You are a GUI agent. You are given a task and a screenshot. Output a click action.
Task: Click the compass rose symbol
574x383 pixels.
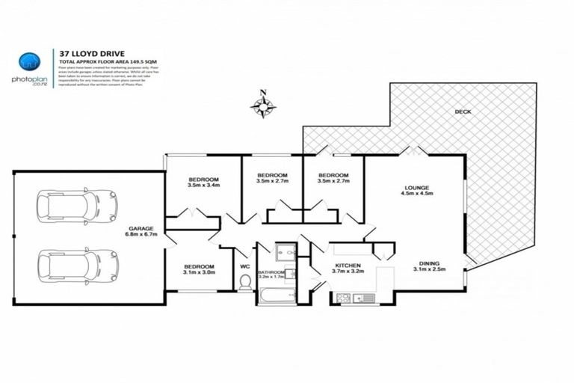[x=263, y=106]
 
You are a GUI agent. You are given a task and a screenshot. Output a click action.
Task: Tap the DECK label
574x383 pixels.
[x=463, y=112]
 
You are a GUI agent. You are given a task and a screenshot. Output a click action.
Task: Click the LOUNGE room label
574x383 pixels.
[x=416, y=189]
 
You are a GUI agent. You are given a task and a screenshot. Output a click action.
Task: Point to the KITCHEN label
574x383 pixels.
[x=348, y=266]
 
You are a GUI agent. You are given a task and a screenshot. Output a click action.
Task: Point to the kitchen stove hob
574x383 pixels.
[x=344, y=298]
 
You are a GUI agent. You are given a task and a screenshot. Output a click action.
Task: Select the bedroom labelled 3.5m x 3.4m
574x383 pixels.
[x=203, y=180]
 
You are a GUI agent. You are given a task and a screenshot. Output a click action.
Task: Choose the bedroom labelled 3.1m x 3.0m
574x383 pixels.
[x=199, y=266]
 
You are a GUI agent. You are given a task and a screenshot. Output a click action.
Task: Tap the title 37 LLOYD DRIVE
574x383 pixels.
[x=87, y=53]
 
